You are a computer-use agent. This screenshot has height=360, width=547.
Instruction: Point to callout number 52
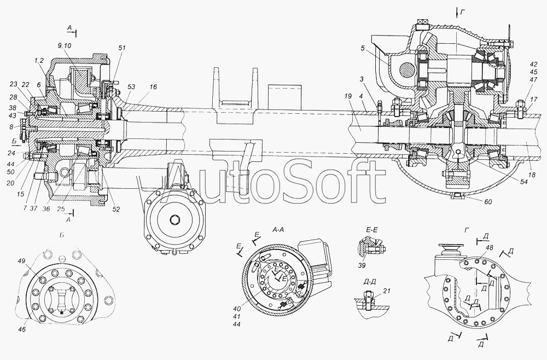[x=116, y=210]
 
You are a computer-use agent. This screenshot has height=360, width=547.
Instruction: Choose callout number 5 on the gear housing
[x=363, y=48]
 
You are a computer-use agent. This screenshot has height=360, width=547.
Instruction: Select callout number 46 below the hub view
[x=22, y=329]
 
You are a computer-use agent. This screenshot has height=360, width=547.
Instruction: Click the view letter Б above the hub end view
[x=61, y=235]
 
